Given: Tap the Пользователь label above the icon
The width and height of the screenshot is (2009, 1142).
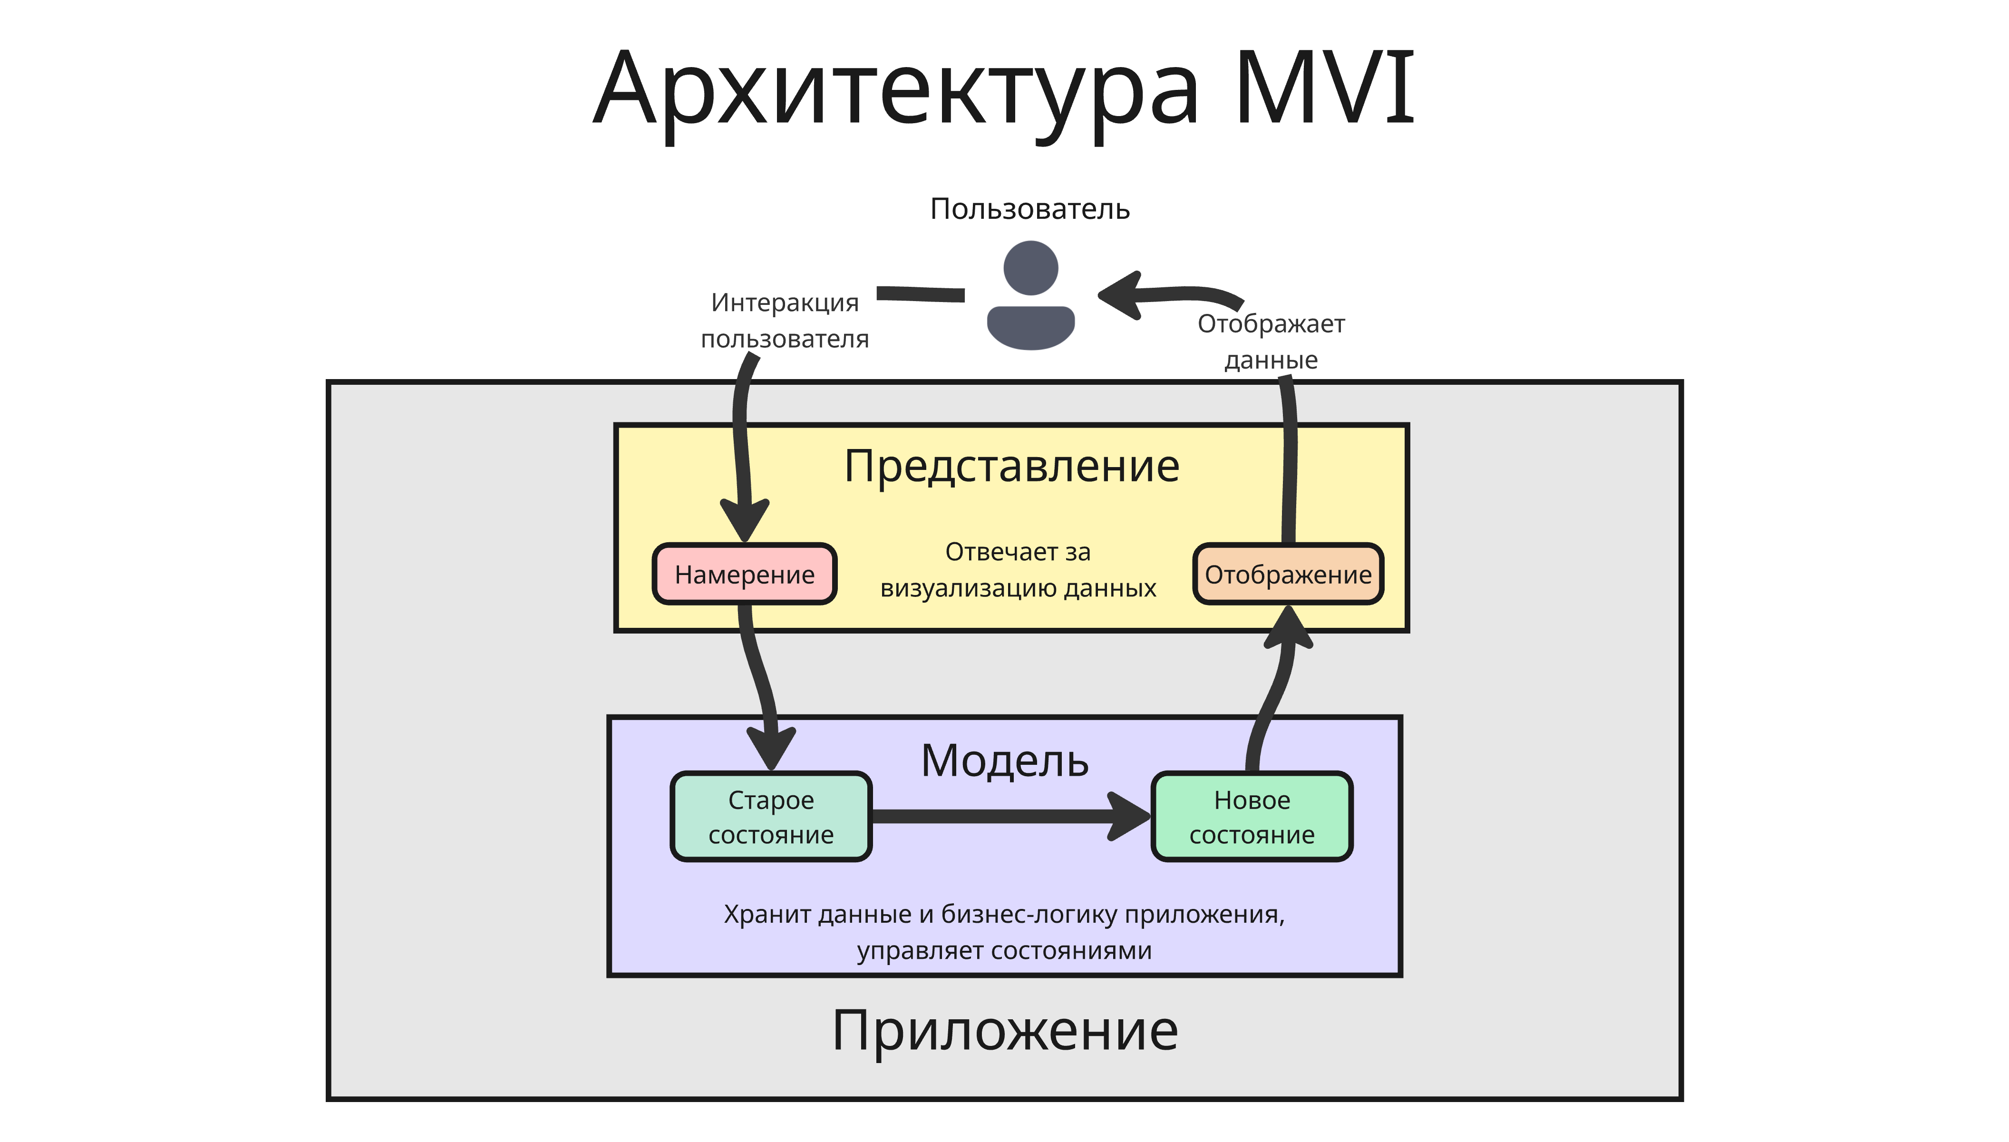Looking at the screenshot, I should click(1029, 209).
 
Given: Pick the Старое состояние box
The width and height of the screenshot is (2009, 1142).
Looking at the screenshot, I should click(771, 817).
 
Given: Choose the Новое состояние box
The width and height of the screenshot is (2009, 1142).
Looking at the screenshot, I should click(1252, 817).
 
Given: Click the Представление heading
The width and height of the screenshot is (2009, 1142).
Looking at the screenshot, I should click(1011, 466).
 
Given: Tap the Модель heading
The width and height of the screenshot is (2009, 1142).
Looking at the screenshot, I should click(1004, 761).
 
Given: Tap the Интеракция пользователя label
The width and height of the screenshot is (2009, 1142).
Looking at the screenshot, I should click(784, 321).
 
